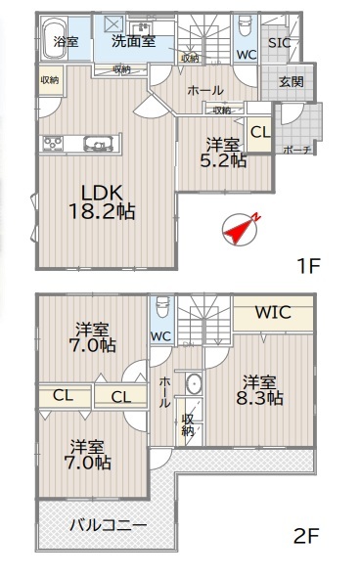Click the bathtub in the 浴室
(55, 38)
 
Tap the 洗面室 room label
(134, 41)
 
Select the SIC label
(280, 43)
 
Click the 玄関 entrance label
(292, 81)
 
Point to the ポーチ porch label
(297, 150)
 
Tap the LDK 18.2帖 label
(102, 202)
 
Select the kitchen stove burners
(53, 143)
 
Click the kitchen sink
(99, 143)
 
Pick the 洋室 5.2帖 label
(223, 153)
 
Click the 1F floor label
(308, 266)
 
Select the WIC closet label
(273, 312)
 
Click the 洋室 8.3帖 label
(259, 390)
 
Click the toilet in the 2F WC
(162, 306)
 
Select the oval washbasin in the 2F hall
(194, 384)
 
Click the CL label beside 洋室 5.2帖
(260, 132)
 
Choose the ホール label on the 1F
(205, 90)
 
